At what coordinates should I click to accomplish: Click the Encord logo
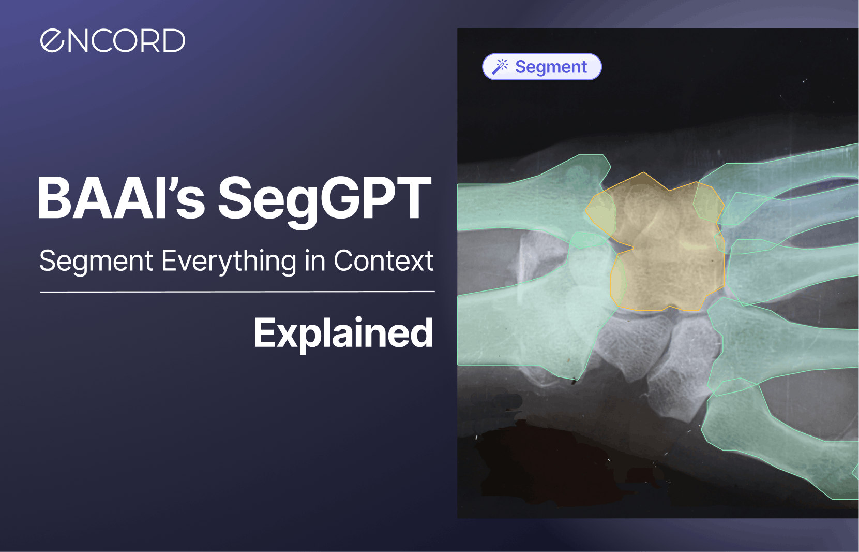point(112,40)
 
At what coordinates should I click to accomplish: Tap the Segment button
point(541,67)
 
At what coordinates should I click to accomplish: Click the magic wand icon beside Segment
point(500,67)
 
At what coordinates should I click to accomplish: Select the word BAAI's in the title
point(121,199)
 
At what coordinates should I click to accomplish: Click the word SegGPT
point(324,199)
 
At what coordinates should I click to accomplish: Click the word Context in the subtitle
point(383,260)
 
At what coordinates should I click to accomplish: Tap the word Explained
point(343,333)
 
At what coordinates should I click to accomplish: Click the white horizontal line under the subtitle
point(237,292)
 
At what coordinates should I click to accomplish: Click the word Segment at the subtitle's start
point(96,261)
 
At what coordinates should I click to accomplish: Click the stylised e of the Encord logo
point(52,40)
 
